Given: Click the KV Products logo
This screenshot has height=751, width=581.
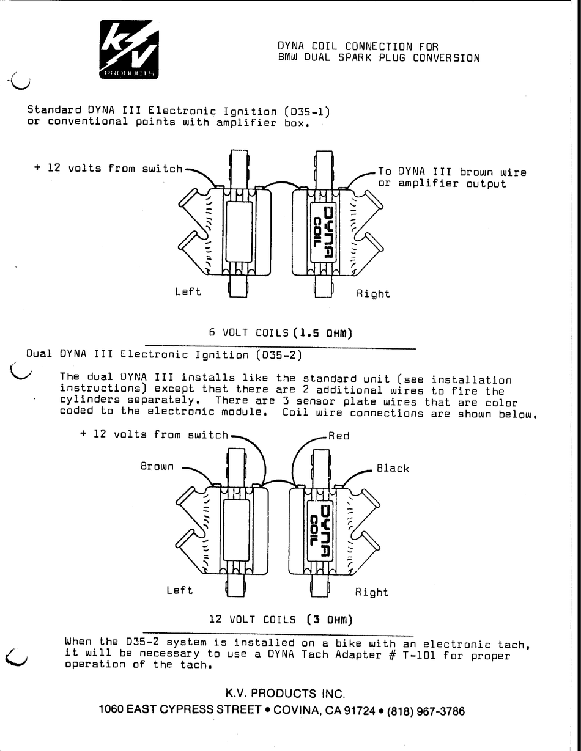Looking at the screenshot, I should point(129,50).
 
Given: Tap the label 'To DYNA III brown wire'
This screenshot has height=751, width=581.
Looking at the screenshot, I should point(452,172).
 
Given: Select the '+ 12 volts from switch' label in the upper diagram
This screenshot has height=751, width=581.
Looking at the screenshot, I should point(108,168).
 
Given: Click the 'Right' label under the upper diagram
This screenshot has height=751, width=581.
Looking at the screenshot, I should point(373,293).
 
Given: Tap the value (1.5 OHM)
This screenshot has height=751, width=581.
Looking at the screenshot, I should point(324,333).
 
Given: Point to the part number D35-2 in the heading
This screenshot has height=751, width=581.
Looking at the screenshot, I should point(279,354).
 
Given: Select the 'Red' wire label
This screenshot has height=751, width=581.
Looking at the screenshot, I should point(339,436).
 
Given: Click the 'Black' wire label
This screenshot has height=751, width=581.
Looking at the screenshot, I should point(393,468).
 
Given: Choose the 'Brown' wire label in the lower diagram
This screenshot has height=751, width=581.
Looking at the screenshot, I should point(157,466).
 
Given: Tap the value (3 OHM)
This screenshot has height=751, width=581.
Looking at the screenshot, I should point(330,619).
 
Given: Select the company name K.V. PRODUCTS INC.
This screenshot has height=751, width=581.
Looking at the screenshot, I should point(286,694).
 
